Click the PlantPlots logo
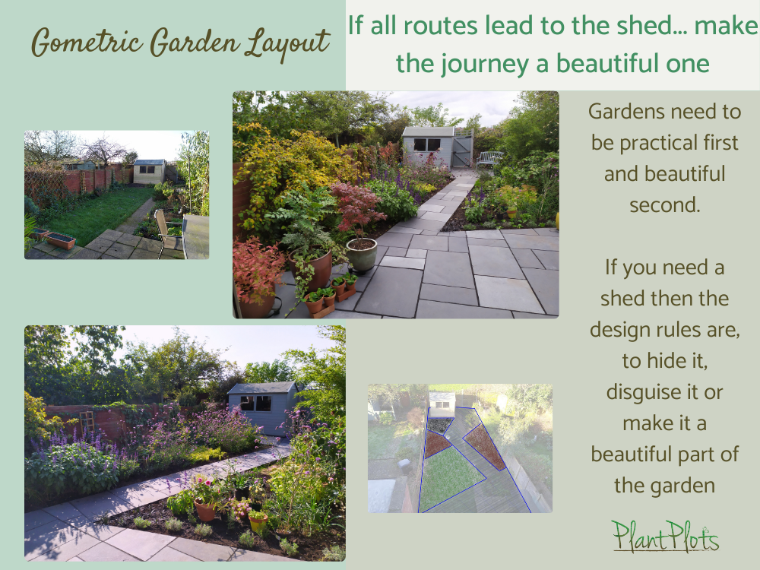pos(666,536)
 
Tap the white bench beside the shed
pos(491,159)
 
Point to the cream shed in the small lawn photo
pos(149,172)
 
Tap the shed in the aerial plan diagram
pos(442,401)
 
